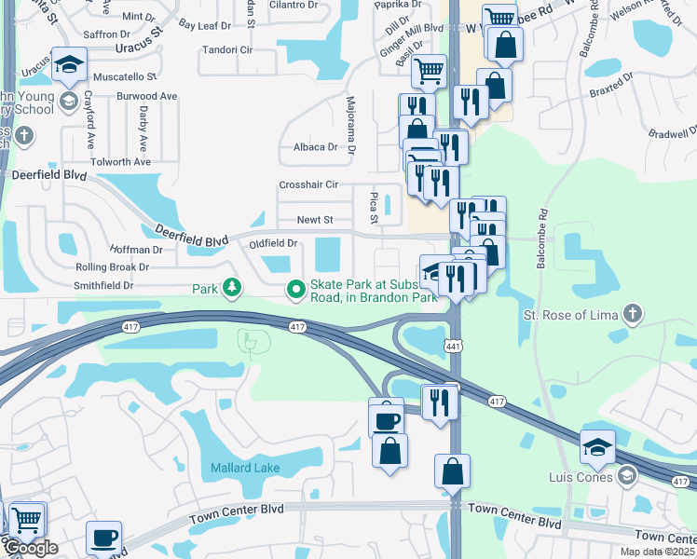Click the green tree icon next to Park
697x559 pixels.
click(231, 289)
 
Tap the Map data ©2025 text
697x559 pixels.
click(657, 552)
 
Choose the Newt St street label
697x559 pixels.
click(315, 220)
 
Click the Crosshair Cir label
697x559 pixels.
click(308, 184)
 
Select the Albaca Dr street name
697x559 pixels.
click(315, 147)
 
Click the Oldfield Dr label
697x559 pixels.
click(273, 243)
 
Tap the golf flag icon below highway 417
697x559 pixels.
click(249, 344)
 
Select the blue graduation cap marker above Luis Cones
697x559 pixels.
click(597, 448)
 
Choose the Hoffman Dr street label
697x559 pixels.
click(136, 250)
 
